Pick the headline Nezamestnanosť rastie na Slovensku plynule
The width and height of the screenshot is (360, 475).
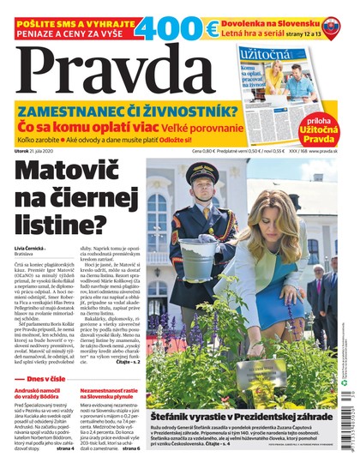pyautogui.click(x=110, y=399)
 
